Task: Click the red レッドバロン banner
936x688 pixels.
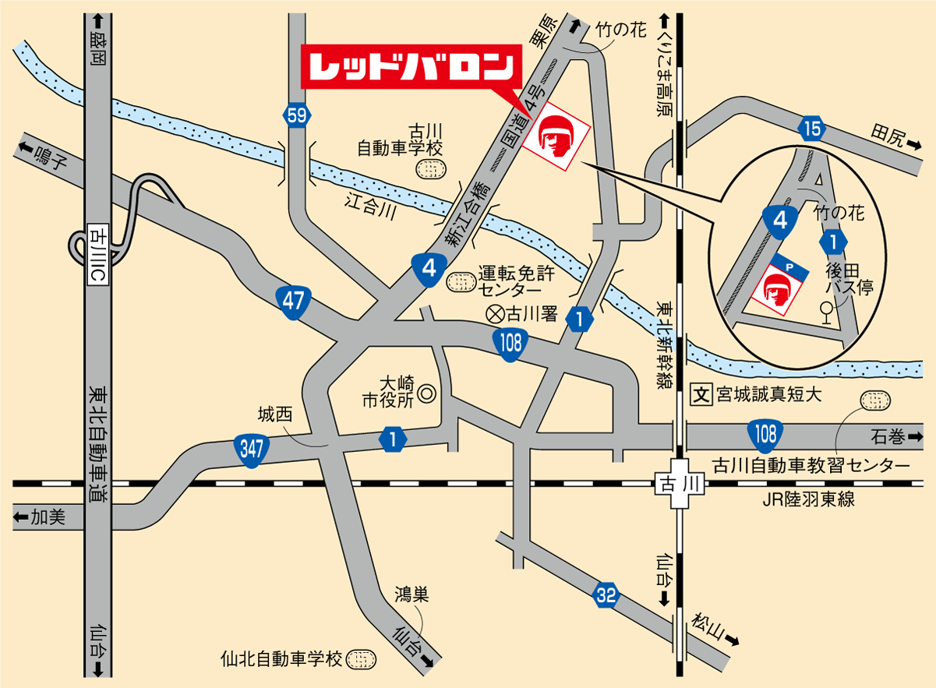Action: [410, 67]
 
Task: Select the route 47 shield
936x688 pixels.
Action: [293, 302]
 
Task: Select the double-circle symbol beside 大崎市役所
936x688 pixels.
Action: [426, 394]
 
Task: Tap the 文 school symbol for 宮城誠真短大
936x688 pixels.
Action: [701, 394]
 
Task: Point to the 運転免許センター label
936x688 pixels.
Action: [514, 281]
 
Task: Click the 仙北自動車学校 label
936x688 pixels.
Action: [281, 659]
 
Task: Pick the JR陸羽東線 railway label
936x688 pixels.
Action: [809, 499]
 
